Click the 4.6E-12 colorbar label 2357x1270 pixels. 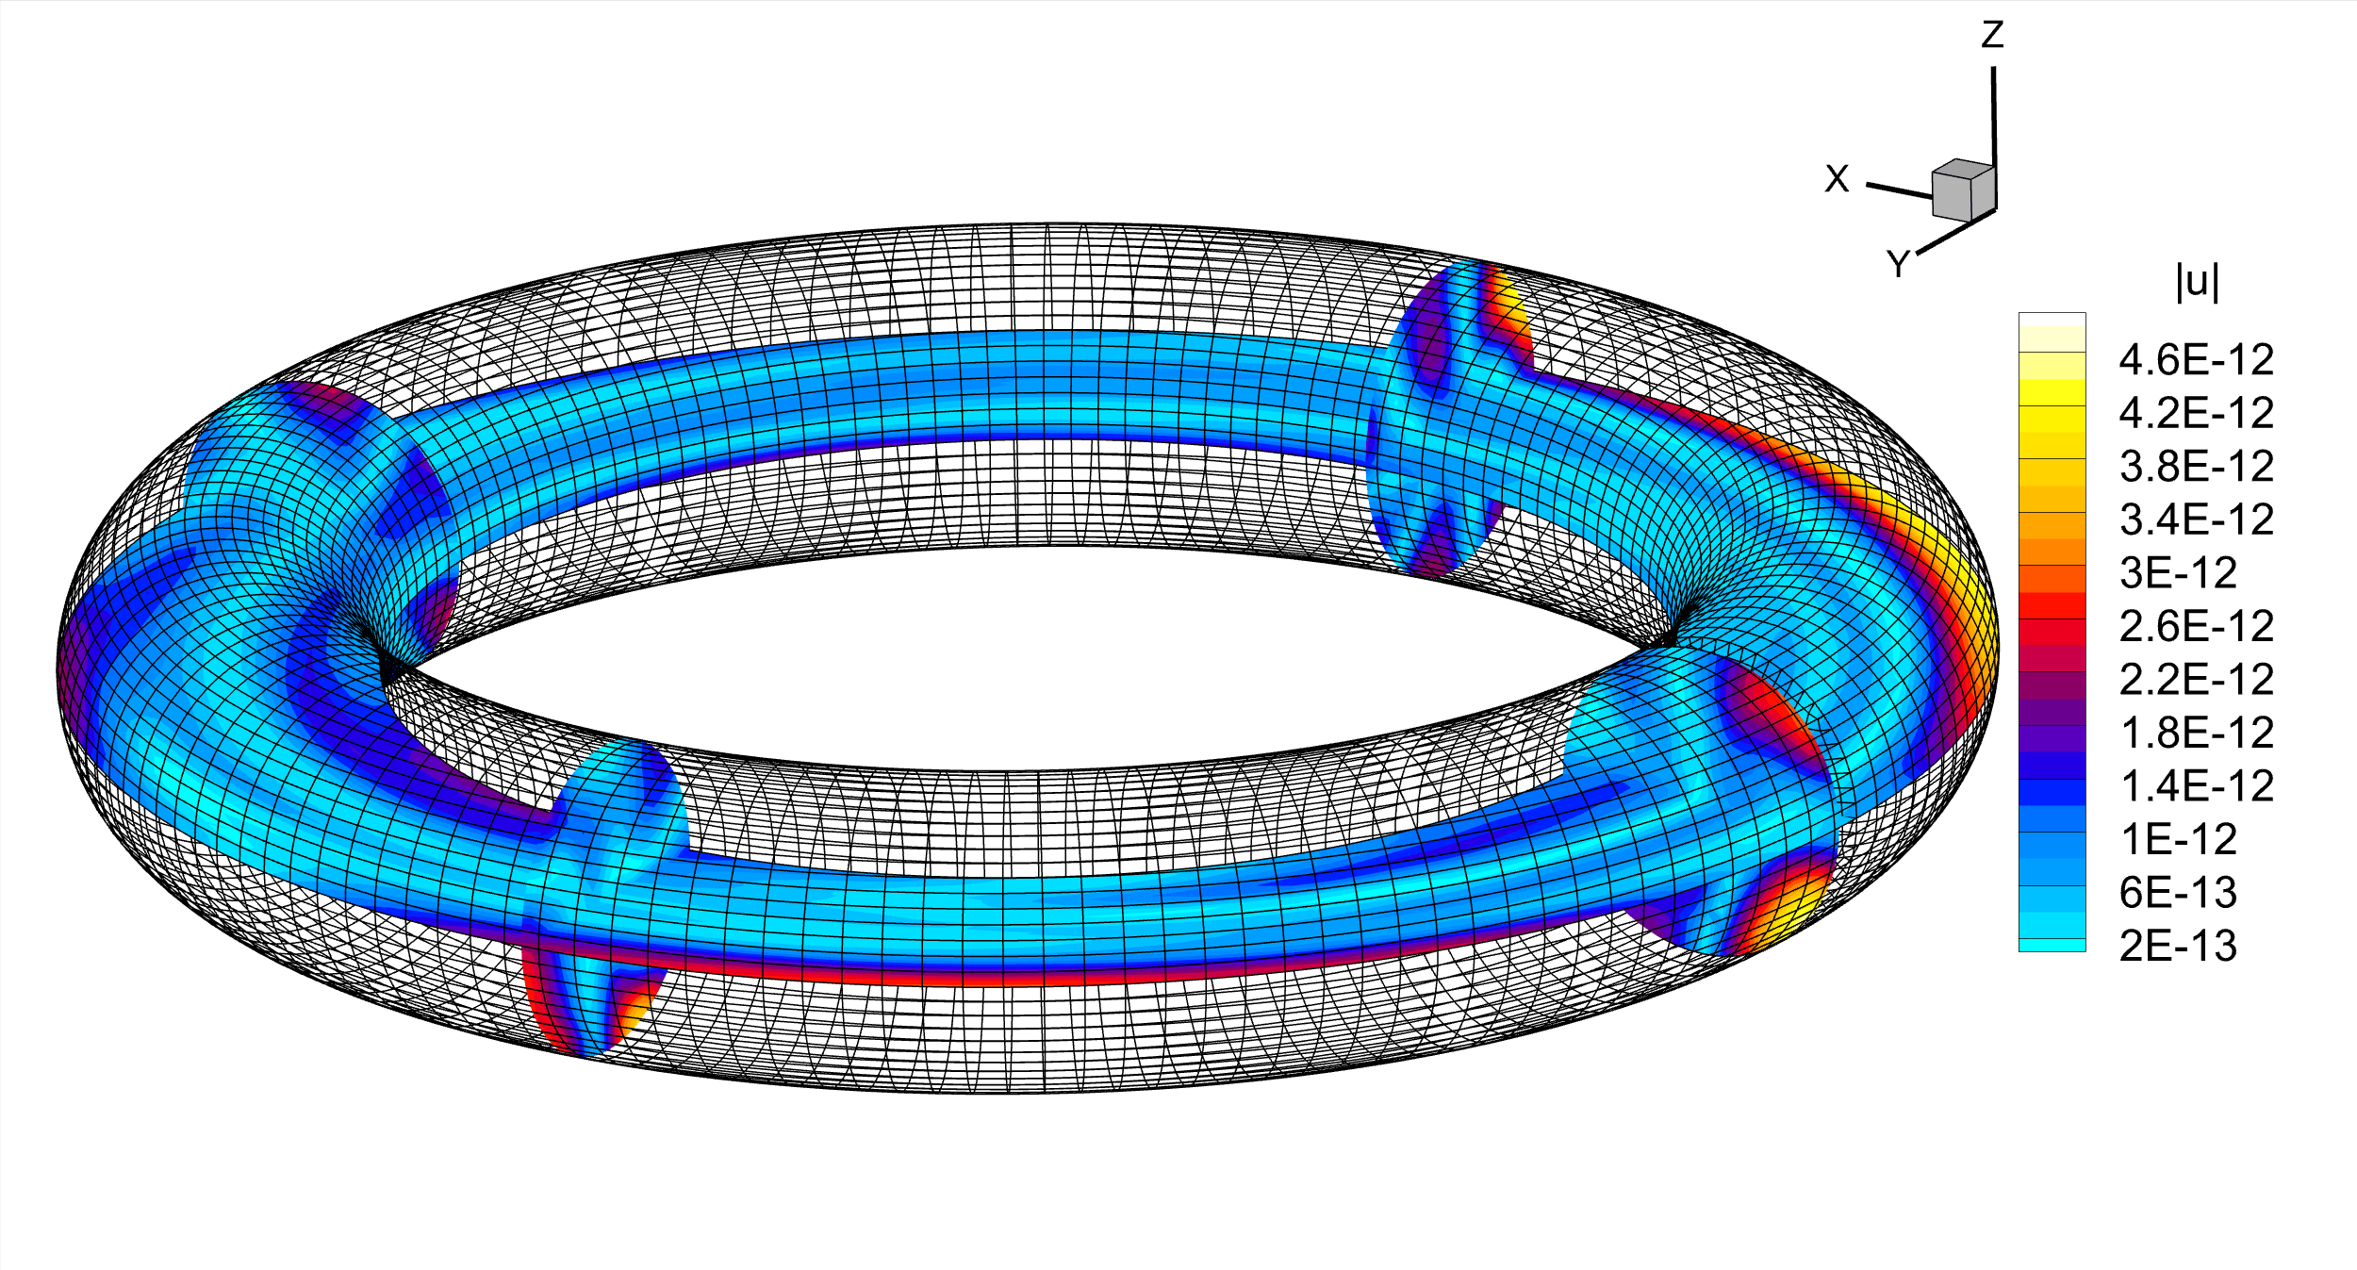[x=2196, y=359]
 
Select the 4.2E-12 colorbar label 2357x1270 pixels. [x=2196, y=413]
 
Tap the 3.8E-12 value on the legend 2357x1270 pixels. [x=2196, y=466]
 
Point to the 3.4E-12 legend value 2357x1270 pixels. [x=2196, y=520]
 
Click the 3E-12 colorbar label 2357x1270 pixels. [x=2178, y=572]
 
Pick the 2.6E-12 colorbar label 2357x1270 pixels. [x=2196, y=626]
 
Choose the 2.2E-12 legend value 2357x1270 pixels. [x=2196, y=679]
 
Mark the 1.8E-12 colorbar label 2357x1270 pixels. [x=2196, y=733]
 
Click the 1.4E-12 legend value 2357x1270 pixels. [x=2196, y=785]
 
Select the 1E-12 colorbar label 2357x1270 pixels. [x=2178, y=839]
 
